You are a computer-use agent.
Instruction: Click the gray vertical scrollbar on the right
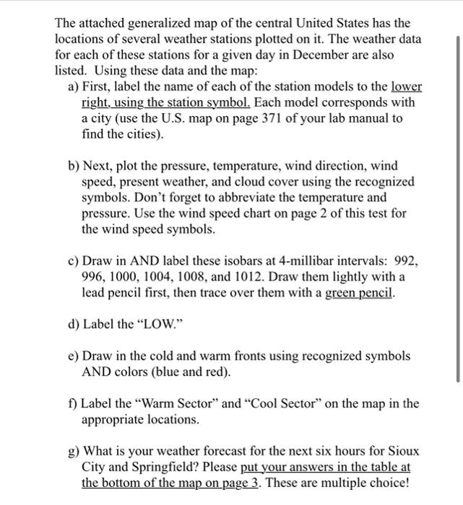(x=457, y=209)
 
